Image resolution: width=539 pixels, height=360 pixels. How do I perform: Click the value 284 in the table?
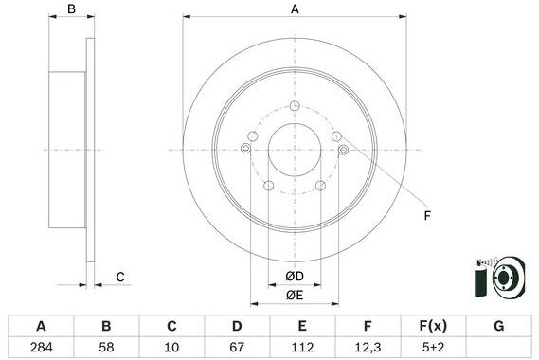point(42,348)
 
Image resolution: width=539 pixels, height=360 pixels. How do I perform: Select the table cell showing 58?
point(106,348)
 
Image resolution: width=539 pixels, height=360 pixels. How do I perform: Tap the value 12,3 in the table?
point(368,348)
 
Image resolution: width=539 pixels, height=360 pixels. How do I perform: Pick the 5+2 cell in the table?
point(433,348)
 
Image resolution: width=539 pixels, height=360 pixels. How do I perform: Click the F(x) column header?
point(433,326)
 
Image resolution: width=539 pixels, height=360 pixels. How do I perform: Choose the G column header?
point(499,326)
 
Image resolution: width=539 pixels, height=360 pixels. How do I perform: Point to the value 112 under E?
point(302,348)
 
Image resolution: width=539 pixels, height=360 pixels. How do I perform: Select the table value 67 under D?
point(237,348)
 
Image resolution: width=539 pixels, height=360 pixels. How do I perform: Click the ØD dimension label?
point(295,276)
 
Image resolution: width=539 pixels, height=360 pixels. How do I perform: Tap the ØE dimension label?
point(295,295)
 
